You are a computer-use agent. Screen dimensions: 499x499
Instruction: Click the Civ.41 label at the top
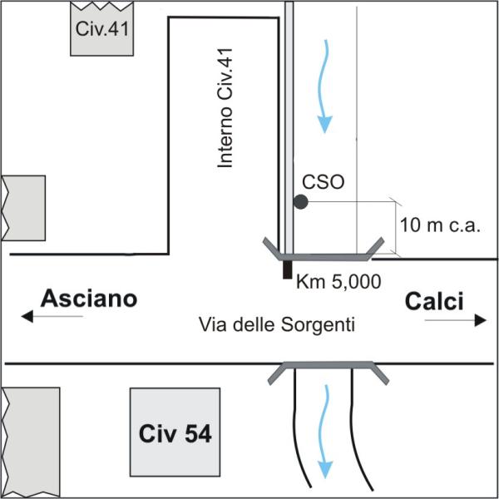tap(101, 28)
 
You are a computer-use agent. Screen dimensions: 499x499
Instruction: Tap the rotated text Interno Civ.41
tap(225, 108)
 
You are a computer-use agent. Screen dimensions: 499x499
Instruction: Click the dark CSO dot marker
tap(300, 202)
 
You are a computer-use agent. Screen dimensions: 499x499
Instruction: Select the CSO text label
tap(323, 182)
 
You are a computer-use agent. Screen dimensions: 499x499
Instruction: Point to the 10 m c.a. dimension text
tap(440, 225)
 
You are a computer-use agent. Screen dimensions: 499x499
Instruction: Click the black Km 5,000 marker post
tap(288, 269)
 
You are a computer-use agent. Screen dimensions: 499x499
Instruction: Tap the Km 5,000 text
tap(338, 281)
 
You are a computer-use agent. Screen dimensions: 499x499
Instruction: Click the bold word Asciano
tap(89, 299)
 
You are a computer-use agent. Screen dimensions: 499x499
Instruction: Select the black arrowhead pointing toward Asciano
tap(27, 316)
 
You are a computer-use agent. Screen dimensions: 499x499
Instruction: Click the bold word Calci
tap(434, 301)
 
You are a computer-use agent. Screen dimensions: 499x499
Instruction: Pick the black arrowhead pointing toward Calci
tap(481, 320)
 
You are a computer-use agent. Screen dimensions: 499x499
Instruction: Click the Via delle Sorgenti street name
tap(277, 324)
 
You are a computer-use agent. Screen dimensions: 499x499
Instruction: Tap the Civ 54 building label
tap(175, 433)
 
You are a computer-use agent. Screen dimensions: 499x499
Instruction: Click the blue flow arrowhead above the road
tap(324, 124)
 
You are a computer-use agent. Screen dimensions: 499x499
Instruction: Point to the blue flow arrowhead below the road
tap(325, 470)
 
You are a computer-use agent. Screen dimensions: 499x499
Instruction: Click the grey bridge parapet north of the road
tap(324, 258)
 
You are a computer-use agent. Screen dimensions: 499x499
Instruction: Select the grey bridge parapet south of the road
tap(329, 365)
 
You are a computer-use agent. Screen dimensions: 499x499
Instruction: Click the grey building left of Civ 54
tap(32, 442)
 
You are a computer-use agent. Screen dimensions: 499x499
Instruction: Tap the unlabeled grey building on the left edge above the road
tap(24, 208)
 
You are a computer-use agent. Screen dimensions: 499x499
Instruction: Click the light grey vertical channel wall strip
tap(289, 127)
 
